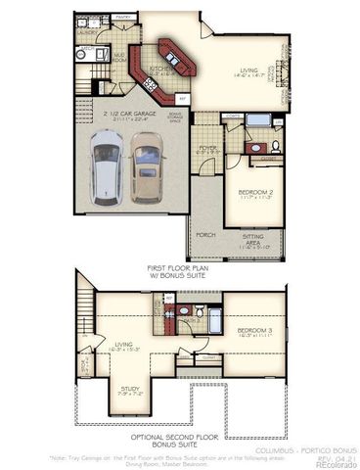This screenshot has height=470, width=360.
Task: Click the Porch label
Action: (x=206, y=234)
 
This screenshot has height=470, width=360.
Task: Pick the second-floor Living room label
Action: (x=124, y=344)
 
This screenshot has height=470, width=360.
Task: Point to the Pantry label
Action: (x=123, y=17)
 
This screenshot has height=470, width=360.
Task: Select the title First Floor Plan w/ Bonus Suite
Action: (x=182, y=271)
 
